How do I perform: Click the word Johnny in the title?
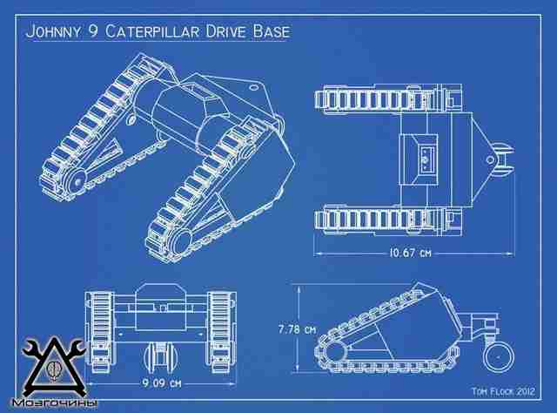(x=53, y=31)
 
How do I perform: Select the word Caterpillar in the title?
(x=152, y=31)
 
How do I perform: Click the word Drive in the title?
(x=225, y=31)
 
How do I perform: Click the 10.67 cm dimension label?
(x=410, y=253)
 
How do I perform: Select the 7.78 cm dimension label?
(x=297, y=329)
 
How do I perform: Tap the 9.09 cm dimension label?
(x=162, y=383)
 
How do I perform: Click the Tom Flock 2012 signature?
(x=503, y=392)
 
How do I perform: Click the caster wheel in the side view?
(x=499, y=357)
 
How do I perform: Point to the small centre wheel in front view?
(x=161, y=356)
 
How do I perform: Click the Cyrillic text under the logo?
(x=54, y=403)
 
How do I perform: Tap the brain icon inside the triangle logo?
(x=54, y=369)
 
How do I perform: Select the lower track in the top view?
(x=388, y=219)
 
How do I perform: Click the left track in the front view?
(x=100, y=332)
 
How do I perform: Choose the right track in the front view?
(x=221, y=332)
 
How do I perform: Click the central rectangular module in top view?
(x=418, y=159)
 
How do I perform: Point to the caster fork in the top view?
(x=501, y=159)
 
